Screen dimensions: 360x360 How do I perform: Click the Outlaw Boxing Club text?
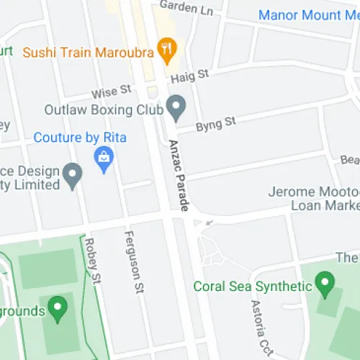pyautogui.click(x=104, y=109)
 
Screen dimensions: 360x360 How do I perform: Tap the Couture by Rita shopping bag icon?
pyautogui.click(x=104, y=158)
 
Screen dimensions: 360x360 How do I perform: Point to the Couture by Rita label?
pyautogui.click(x=80, y=137)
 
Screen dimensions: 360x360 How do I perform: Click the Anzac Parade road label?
pyautogui.click(x=178, y=175)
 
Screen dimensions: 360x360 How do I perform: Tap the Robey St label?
pyautogui.click(x=91, y=255)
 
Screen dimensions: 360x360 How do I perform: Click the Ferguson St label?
pyautogui.click(x=132, y=262)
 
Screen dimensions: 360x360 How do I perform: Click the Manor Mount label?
pyautogui.click(x=308, y=14)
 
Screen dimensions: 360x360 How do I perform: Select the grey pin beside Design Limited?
pyautogui.click(x=72, y=175)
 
